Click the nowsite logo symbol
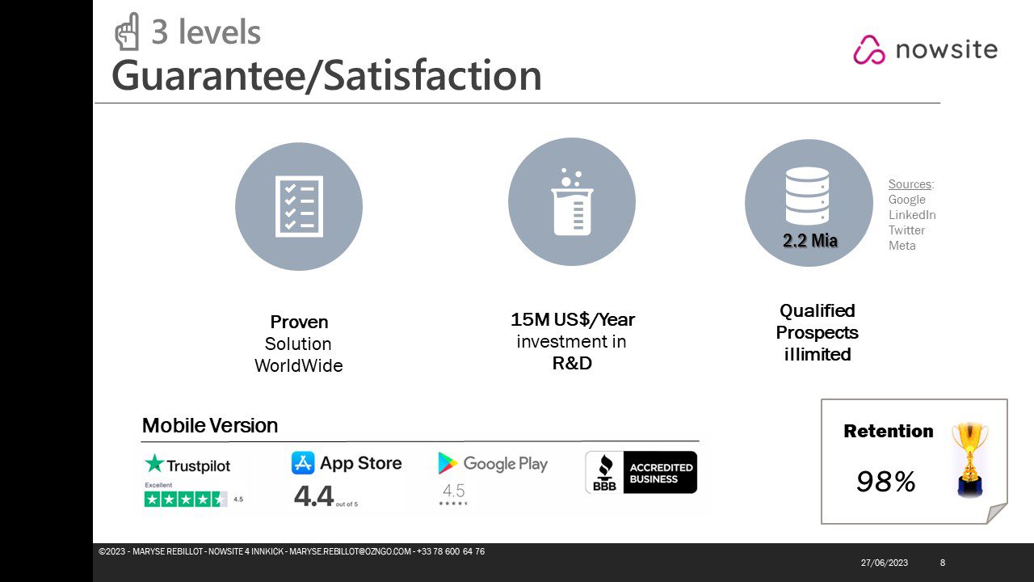[869, 49]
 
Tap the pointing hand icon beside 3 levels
[127, 32]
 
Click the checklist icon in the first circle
[299, 206]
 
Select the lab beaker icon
[572, 202]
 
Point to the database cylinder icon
[807, 196]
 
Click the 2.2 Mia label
[810, 240]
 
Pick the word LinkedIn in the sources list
[912, 215]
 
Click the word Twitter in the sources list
[906, 230]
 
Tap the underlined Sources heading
[910, 184]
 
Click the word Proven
[299, 322]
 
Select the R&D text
[572, 363]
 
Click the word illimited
[817, 354]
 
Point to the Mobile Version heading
[210, 425]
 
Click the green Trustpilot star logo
[154, 463]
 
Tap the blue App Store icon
[303, 463]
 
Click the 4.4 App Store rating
[313, 496]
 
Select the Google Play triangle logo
[448, 463]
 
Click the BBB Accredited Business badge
[641, 472]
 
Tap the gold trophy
[970, 460]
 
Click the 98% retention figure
[886, 482]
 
